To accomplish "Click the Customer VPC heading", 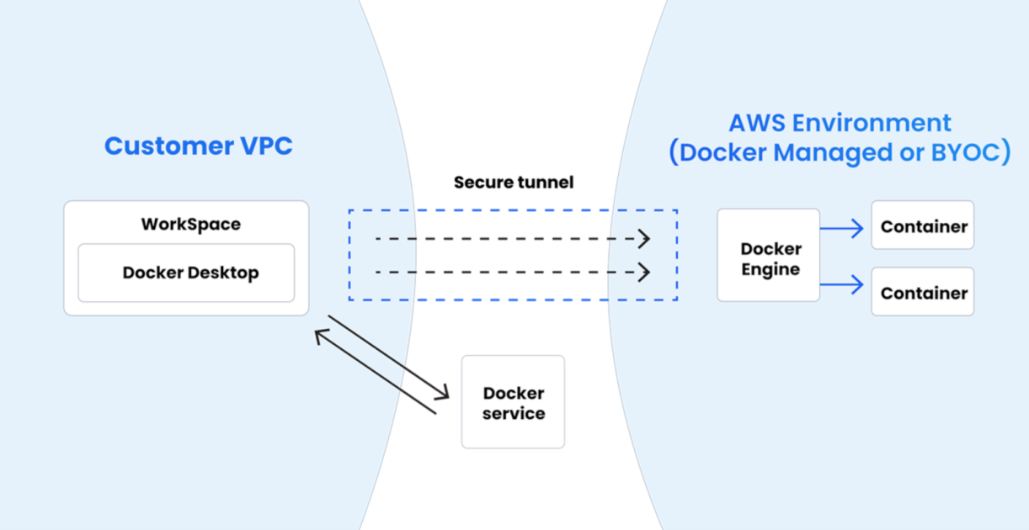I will coord(198,146).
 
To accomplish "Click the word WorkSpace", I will coord(190,224).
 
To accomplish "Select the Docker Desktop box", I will coord(186,273).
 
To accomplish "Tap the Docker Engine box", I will coord(768,255).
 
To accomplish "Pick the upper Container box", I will coord(922,225).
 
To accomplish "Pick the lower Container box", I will coord(922,292).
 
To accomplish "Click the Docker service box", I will coord(513,401).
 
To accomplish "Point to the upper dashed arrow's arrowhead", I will coord(645,239).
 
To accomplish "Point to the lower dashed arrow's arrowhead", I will coord(645,273).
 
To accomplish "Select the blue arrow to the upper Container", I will coord(843,228).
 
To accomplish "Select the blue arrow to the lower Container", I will coord(843,285).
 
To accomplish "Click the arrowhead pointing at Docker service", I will coord(444,392).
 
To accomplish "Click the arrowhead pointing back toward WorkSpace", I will coord(321,337).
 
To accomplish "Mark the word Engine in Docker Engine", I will coord(770,269).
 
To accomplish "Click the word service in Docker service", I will coord(513,413).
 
